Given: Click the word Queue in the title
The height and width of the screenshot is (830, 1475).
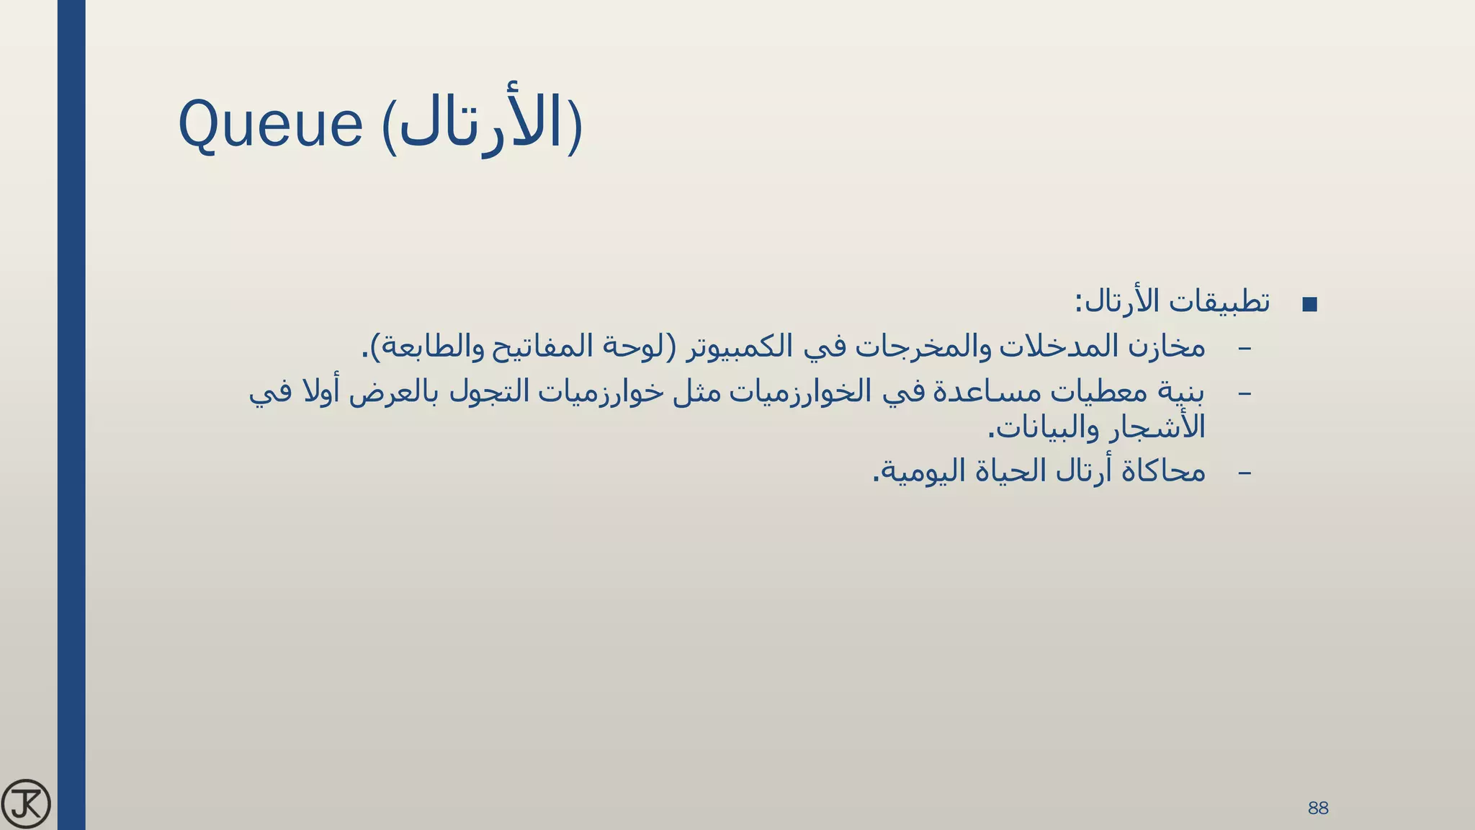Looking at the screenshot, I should point(270,124).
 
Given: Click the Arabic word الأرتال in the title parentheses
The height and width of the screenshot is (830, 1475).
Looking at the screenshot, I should point(480,124).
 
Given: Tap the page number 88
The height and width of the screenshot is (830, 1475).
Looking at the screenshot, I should point(1317,808).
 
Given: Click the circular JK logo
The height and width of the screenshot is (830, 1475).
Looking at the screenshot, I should point(26,804).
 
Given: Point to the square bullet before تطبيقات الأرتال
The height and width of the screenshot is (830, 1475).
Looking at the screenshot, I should point(1310,305).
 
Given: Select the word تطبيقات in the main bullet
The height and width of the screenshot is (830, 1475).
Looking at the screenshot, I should point(1219,302).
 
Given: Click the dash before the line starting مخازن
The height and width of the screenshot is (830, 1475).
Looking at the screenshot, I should point(1244,348).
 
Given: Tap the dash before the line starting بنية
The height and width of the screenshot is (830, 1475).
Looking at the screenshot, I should point(1244,393).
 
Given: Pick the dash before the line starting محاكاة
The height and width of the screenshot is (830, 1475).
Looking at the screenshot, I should point(1244,473).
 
